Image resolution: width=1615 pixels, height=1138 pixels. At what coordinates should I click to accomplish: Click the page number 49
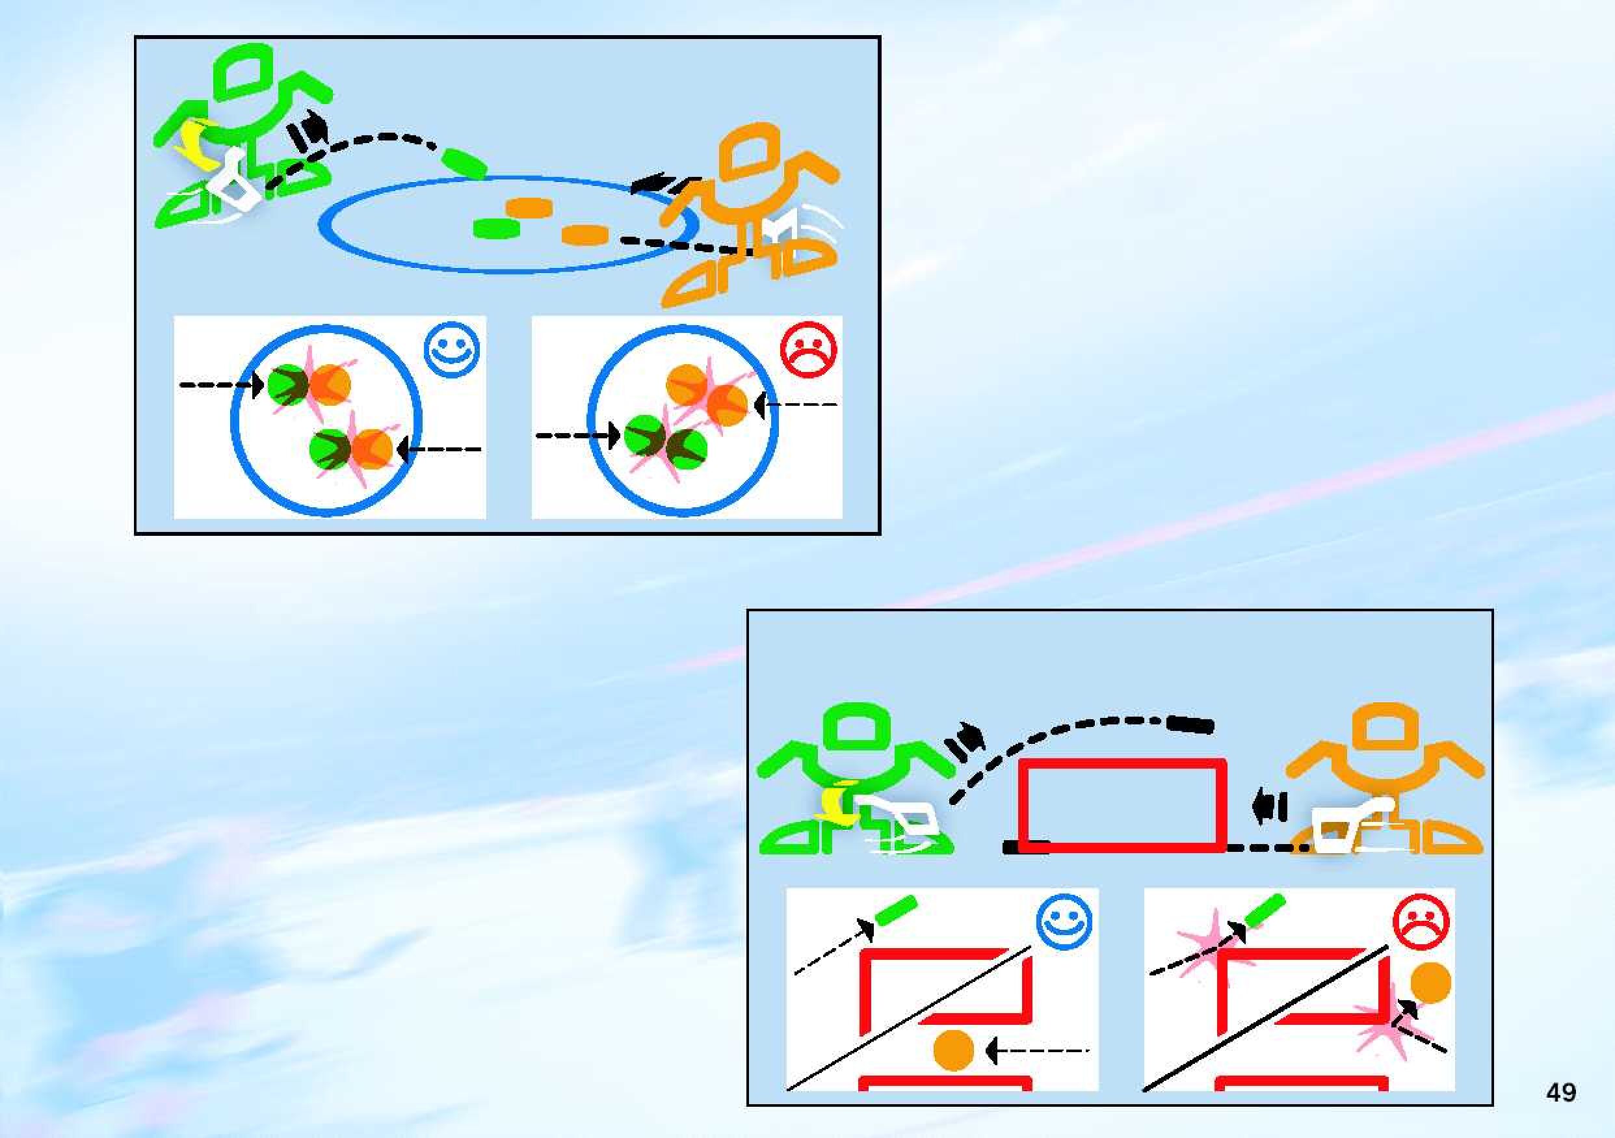pos(1561,1092)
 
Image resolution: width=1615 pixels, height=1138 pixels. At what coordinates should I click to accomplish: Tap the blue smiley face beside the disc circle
pos(453,350)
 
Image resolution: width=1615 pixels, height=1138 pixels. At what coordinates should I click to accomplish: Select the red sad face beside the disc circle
pos(809,350)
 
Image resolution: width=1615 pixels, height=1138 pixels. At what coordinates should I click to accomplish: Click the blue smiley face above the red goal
pos(1064,922)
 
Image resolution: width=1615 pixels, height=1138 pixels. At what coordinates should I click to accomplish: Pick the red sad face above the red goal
pos(1421,922)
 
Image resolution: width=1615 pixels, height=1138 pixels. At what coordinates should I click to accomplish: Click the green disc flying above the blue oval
pos(464,163)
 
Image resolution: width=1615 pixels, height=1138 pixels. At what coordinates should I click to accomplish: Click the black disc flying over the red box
pos(1190,724)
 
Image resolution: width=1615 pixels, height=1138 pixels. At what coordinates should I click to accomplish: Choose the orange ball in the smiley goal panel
pos(953,1051)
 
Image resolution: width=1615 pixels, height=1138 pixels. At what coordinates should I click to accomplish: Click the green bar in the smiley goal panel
pos(896,911)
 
